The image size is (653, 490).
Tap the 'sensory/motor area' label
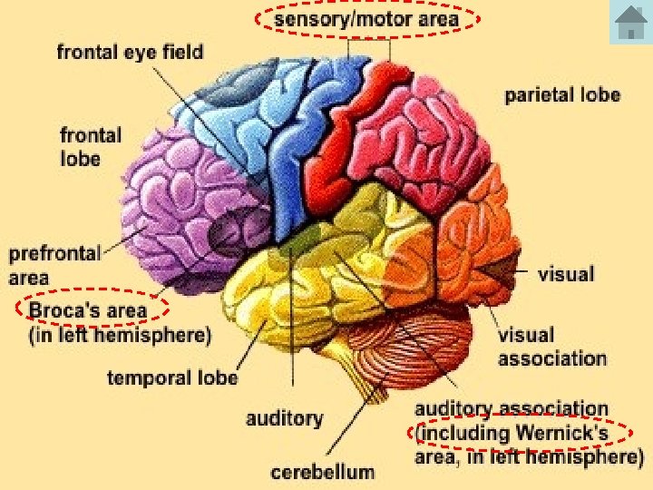coord(366,18)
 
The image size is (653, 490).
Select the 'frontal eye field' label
coord(130,52)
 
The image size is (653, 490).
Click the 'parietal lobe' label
coord(562,94)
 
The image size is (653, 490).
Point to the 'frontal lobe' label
coord(91,147)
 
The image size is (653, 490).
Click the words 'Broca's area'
coord(87,311)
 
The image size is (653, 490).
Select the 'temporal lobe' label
coord(172,377)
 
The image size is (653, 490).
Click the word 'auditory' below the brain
coord(284,418)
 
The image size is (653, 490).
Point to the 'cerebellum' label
coord(322,472)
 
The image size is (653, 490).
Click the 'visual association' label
coord(551,347)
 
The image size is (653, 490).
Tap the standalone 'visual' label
coord(566,272)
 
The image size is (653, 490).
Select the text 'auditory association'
coord(512,410)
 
